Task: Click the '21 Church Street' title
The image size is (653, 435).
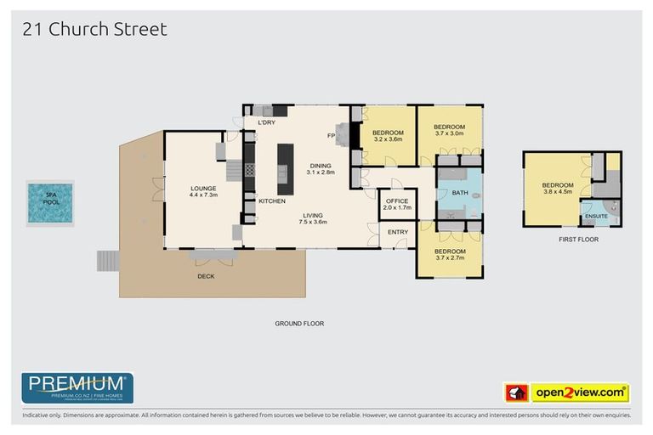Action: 94,29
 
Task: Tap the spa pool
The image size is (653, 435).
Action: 49,203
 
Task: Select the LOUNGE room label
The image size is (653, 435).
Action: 203,191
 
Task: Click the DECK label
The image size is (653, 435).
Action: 206,276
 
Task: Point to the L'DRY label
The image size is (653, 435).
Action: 266,123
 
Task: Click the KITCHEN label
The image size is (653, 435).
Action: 271,201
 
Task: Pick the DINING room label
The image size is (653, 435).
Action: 321,168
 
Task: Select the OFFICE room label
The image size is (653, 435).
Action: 397,204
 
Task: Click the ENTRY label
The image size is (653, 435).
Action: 397,232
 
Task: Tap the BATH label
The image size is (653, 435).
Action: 459,193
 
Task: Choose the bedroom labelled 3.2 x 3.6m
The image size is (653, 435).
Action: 387,136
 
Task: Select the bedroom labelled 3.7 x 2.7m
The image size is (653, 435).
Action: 450,255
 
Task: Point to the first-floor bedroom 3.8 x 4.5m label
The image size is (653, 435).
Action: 557,189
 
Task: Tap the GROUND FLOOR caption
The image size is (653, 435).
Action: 298,323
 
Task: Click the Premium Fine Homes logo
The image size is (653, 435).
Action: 77,387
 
